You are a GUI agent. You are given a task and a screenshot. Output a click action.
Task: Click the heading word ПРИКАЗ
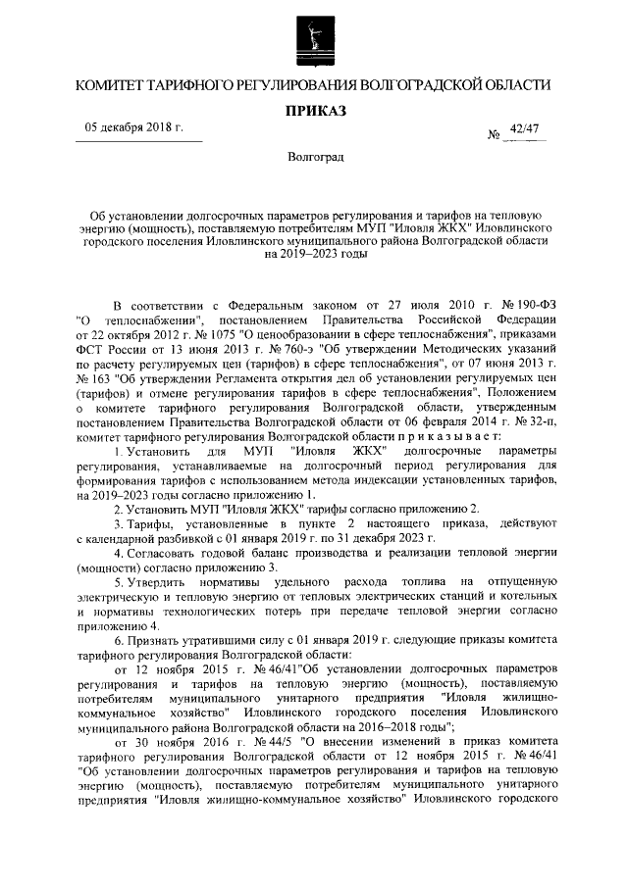click(x=315, y=113)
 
